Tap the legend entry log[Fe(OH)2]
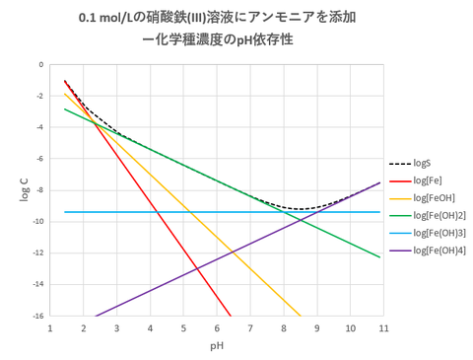click(439, 214)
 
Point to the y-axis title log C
click(24, 190)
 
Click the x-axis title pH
click(217, 346)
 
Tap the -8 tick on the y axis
click(39, 190)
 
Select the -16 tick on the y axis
click(37, 317)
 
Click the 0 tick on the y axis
click(41, 65)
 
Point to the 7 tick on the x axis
click(250, 327)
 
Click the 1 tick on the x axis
click(50, 327)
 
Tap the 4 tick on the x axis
click(150, 327)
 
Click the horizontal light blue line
click(148, 212)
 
